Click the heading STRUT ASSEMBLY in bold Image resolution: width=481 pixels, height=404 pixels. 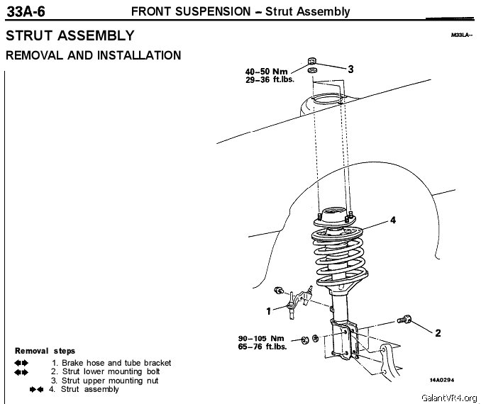(70, 35)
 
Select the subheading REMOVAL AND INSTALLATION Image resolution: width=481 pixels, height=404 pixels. (93, 55)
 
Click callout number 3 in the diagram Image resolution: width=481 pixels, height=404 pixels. (350, 69)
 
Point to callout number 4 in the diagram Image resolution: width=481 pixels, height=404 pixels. (392, 220)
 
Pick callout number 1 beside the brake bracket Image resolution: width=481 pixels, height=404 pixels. (268, 310)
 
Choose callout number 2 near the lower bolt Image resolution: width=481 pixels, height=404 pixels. (438, 332)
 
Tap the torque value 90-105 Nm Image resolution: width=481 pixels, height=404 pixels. (261, 338)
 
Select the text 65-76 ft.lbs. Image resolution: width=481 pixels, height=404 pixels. (262, 347)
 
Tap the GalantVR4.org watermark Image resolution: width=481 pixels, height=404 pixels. (448, 398)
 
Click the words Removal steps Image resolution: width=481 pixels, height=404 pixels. (45, 351)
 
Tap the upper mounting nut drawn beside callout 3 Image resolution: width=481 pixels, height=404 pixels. (313, 60)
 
